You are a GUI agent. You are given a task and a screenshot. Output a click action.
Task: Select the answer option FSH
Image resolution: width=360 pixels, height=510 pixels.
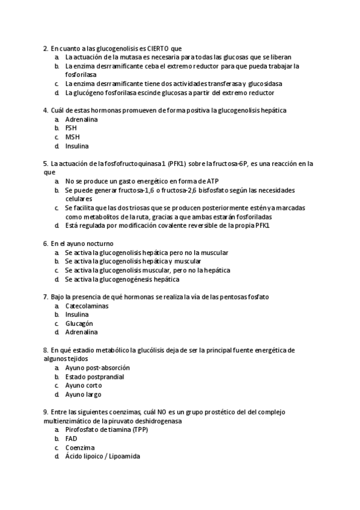(71, 128)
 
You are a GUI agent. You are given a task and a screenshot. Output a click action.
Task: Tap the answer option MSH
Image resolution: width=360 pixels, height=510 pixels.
(72, 137)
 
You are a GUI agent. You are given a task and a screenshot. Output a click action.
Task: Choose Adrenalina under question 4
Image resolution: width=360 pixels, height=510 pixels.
(82, 119)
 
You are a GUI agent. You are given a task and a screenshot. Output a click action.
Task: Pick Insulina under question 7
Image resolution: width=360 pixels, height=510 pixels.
(77, 314)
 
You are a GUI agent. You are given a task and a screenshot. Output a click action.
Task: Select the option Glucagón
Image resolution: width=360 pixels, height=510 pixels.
(79, 323)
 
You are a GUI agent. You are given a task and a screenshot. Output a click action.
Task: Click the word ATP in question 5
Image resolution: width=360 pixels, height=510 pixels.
(212, 180)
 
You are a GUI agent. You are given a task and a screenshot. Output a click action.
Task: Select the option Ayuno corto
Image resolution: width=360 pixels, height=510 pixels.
(84, 386)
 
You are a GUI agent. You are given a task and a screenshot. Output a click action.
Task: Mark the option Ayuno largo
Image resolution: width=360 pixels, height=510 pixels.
(84, 395)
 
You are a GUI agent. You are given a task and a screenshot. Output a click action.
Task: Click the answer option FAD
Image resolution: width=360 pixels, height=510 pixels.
(71, 438)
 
